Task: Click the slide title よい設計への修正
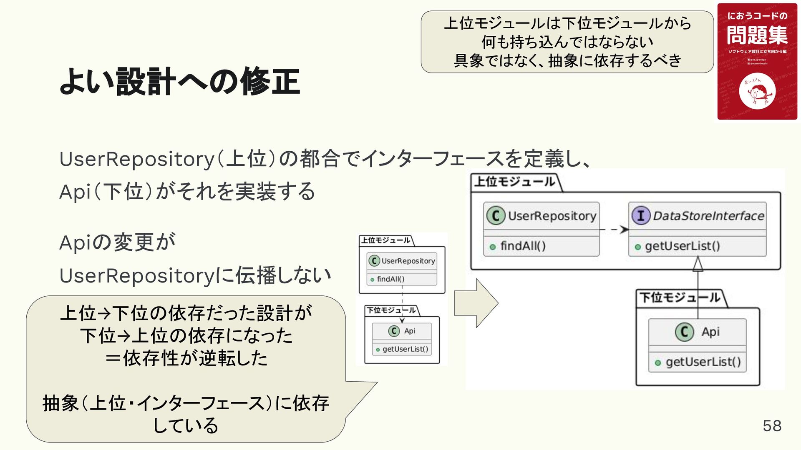point(179,82)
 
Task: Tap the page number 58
point(772,426)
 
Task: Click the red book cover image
point(757,62)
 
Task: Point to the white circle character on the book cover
point(757,92)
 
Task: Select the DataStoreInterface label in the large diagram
point(708,216)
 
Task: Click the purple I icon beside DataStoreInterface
point(640,216)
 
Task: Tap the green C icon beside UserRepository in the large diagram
point(496,216)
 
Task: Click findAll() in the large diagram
point(523,246)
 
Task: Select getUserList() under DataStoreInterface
point(682,246)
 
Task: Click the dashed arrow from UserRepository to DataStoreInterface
point(614,230)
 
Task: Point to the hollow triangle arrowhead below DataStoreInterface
point(698,264)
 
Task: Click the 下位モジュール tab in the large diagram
point(680,297)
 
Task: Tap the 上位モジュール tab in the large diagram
point(515,182)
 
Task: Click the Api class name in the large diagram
point(710,332)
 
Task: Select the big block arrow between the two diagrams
point(476,303)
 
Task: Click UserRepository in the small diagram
point(408,261)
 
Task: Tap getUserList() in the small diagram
point(405,349)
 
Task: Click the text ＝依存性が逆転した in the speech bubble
point(186,358)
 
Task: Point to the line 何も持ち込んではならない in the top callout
point(567,42)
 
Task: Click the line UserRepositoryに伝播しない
point(195,275)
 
